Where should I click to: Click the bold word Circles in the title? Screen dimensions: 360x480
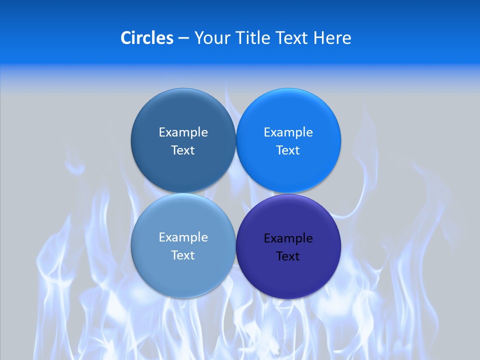click(147, 38)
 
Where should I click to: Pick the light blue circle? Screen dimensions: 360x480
click(183, 275)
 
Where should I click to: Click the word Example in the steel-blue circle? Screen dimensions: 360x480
click(183, 132)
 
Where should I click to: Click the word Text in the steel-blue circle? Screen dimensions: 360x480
click(183, 150)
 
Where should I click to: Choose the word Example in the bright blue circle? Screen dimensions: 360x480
click(288, 132)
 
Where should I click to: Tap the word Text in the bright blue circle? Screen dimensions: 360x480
click(288, 150)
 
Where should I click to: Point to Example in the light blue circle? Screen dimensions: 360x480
click(183, 237)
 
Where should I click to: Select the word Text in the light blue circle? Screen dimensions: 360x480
click(183, 255)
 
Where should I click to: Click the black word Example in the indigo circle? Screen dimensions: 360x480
click(288, 238)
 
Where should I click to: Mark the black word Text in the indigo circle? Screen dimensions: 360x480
click(288, 256)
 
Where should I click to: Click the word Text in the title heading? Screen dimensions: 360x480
click(293, 38)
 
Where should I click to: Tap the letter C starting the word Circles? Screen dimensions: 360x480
click(126, 38)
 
